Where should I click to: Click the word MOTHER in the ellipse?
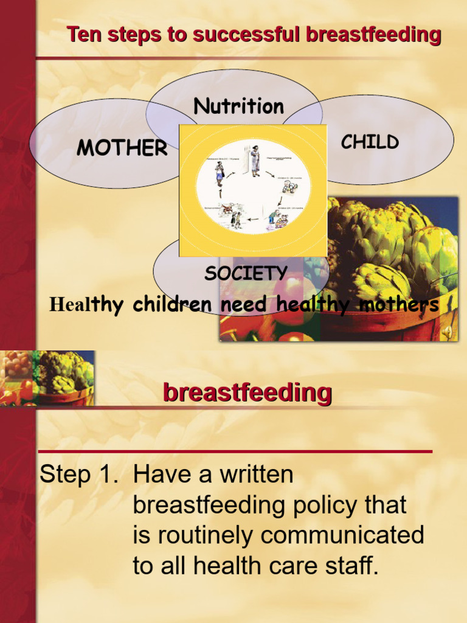[x=122, y=148]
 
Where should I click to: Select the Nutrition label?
[x=238, y=106]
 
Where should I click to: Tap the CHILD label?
[x=370, y=142]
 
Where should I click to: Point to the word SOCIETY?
[x=246, y=273]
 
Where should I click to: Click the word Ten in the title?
[x=85, y=35]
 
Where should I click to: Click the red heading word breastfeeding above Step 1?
[x=247, y=393]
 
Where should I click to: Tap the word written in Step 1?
[x=256, y=475]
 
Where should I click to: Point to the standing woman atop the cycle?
[x=255, y=161]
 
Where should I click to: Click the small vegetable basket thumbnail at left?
[x=47, y=378]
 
